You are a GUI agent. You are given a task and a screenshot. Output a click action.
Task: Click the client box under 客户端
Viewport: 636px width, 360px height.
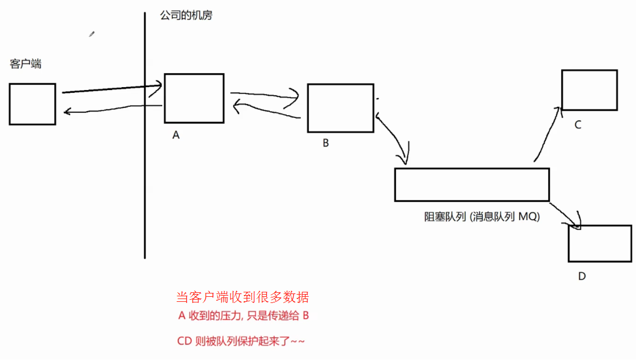point(32,104)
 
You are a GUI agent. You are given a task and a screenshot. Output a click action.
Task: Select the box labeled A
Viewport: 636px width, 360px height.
point(194,98)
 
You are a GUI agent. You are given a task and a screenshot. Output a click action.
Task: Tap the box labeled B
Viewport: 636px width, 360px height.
point(340,108)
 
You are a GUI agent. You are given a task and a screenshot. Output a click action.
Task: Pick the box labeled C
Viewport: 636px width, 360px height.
point(589,90)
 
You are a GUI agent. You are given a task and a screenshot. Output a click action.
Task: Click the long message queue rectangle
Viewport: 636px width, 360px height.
point(472,184)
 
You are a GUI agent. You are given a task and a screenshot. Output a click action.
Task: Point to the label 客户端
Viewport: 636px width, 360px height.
point(26,64)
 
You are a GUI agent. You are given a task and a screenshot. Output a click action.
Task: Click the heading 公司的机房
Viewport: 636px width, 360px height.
point(186,16)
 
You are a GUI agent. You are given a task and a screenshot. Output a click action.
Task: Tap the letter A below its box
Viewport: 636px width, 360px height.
point(176,135)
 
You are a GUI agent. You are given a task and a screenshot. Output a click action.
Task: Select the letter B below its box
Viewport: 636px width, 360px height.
point(326,143)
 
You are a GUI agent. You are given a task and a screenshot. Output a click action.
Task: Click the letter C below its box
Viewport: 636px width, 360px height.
point(578,125)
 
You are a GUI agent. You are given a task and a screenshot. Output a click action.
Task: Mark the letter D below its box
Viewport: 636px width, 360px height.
point(582,276)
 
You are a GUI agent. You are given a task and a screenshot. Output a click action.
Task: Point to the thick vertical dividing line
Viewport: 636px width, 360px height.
point(145,168)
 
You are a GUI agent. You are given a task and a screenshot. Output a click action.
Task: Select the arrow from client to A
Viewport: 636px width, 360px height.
point(112,88)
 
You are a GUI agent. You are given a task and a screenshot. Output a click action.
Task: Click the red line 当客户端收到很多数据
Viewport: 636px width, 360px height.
point(242,297)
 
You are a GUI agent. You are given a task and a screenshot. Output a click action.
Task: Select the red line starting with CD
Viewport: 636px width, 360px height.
point(241,340)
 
